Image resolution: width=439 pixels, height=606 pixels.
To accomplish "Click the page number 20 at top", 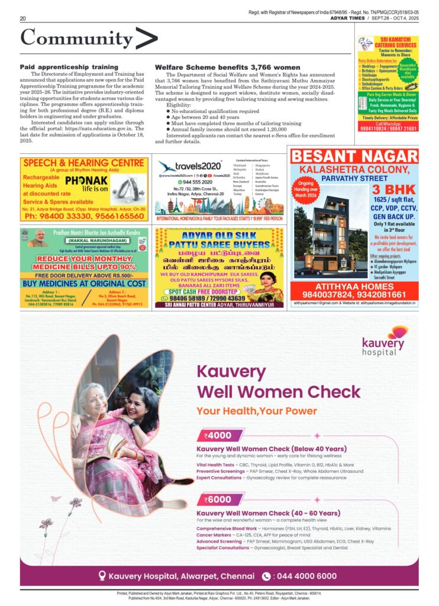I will pos(22,19).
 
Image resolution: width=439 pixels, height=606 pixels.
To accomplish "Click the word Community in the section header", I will pos(77,38).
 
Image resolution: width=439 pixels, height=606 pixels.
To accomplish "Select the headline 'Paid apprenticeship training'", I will pos(69,67).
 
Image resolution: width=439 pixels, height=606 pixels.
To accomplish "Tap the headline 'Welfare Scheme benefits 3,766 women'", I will pos(219,67).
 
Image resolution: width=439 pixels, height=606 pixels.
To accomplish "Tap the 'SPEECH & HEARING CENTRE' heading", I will pos(83,163).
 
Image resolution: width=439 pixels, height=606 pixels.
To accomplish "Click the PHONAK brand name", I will pos(86,180).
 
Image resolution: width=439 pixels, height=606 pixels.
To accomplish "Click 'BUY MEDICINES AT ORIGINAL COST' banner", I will pos(83,283).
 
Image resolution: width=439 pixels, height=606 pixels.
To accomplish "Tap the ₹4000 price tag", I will pos(218,436).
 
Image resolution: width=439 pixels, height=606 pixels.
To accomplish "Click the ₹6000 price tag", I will pos(218,499).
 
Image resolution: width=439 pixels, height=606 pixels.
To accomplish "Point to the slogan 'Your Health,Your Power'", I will pos(257,411).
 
